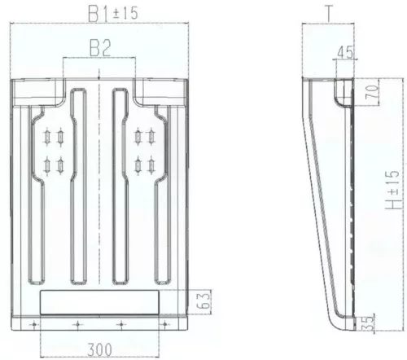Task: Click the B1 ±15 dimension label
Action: [x=113, y=13]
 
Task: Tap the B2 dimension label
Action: [x=100, y=48]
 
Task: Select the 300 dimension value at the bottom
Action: [x=99, y=349]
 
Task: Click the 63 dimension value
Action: [x=203, y=300]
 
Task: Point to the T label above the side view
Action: [x=329, y=14]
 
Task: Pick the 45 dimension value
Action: [x=345, y=52]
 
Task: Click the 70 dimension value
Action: [x=372, y=92]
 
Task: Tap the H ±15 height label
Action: [x=393, y=190]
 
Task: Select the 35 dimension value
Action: [x=368, y=323]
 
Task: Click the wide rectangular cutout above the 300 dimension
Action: [x=99, y=302]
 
